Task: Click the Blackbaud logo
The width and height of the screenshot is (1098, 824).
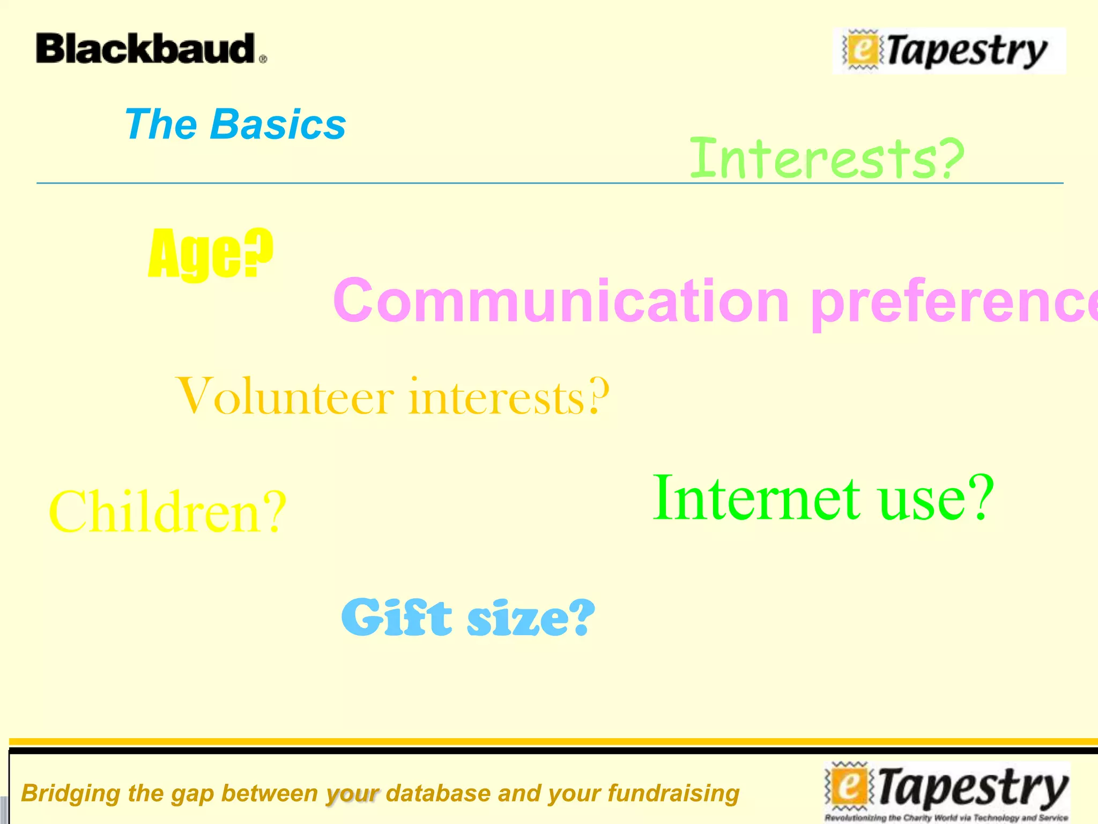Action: click(x=146, y=49)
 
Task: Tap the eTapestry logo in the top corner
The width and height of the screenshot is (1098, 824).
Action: click(x=949, y=51)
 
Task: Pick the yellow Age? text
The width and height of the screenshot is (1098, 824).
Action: click(x=210, y=253)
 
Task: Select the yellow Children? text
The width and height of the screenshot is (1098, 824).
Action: click(x=168, y=512)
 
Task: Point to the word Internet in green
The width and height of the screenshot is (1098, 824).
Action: click(x=756, y=498)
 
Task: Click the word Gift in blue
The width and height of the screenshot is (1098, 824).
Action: click(x=396, y=618)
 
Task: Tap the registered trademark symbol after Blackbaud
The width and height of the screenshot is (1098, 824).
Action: click(x=263, y=60)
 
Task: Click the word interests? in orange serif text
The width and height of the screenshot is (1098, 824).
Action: click(x=509, y=398)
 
